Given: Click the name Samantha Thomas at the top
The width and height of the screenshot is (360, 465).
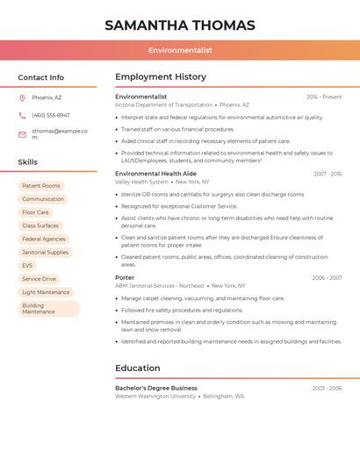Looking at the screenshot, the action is click(x=180, y=25).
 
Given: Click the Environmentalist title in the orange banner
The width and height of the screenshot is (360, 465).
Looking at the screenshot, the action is click(x=180, y=50).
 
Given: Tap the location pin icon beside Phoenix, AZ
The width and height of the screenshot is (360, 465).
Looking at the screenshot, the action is click(x=22, y=97).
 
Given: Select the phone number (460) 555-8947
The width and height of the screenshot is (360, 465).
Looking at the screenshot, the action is click(x=51, y=115).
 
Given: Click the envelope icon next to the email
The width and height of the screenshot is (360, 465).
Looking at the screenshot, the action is click(x=22, y=134).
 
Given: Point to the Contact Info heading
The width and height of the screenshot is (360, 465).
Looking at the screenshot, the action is click(x=41, y=77).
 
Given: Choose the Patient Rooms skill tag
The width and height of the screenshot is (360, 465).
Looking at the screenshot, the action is click(x=41, y=186).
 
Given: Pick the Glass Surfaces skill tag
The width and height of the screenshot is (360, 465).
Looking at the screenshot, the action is click(x=41, y=225).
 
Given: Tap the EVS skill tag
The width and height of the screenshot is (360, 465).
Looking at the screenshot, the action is click(x=27, y=265).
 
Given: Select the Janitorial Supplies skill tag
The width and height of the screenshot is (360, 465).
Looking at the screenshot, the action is click(x=45, y=252).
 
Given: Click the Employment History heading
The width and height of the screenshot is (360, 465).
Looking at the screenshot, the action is click(x=161, y=77).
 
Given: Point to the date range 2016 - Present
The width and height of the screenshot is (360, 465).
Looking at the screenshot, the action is click(x=324, y=97).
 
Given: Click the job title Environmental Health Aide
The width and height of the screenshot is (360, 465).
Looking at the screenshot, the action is click(x=155, y=174).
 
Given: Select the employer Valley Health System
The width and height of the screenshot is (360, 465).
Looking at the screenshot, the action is click(x=141, y=182).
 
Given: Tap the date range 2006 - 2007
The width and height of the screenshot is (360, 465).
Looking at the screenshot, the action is click(x=327, y=277).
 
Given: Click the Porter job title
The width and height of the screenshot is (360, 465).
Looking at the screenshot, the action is click(x=125, y=277).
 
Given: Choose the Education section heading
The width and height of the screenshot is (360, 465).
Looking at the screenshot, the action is click(x=138, y=368).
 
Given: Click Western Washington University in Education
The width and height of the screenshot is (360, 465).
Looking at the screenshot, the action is click(x=155, y=396).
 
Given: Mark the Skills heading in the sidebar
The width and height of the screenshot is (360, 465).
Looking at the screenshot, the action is click(x=28, y=162).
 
